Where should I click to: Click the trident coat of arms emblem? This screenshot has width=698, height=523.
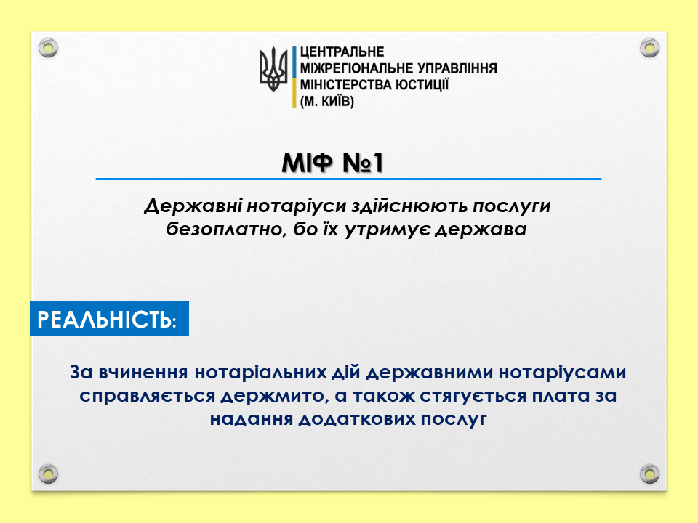click(273, 70)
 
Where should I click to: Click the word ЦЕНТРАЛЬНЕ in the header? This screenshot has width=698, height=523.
click(342, 52)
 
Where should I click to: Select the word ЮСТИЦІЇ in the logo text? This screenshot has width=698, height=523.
click(422, 84)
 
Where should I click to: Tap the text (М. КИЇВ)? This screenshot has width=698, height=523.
click(326, 102)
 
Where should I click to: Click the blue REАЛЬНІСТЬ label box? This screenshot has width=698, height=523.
click(110, 319)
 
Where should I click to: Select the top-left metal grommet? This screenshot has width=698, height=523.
click(48, 48)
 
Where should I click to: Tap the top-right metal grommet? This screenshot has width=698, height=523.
click(649, 48)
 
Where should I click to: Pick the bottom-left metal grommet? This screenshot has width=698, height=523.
click(48, 474)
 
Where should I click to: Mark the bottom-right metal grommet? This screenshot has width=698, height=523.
click(649, 474)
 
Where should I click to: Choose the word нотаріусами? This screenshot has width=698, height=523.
click(562, 372)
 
